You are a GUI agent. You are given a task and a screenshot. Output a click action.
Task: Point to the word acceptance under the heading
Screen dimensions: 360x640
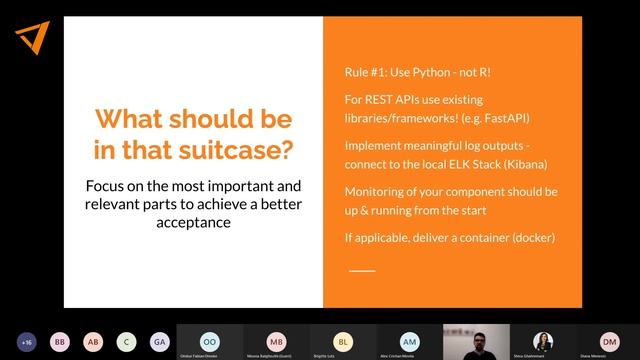[x=193, y=223]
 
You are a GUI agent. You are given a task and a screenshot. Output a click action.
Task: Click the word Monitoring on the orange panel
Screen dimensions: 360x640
[x=378, y=190]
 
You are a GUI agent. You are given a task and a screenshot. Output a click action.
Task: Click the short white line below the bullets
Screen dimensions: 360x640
[x=362, y=270]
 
